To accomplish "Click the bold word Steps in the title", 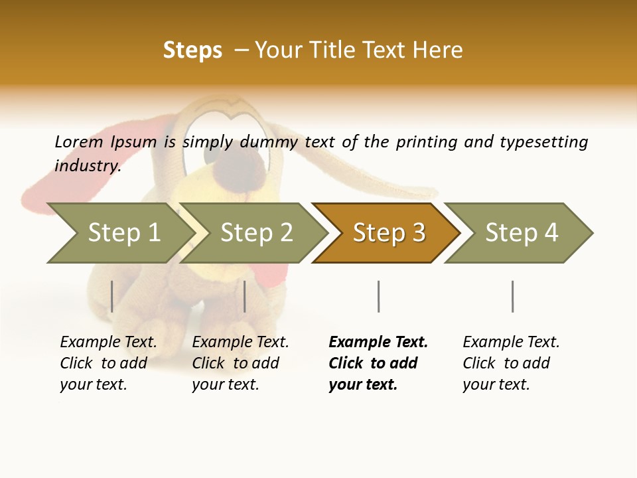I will pyautogui.click(x=192, y=50).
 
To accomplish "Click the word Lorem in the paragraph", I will pyautogui.click(x=78, y=141).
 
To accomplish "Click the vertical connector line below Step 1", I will pyautogui.click(x=112, y=296).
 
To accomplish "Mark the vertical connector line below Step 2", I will pyautogui.click(x=245, y=296).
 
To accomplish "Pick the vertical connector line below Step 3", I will pyautogui.click(x=379, y=296).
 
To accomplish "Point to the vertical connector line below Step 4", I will pyautogui.click(x=512, y=296).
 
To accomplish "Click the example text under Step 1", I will pyautogui.click(x=108, y=363).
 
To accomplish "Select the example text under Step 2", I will pyautogui.click(x=240, y=363).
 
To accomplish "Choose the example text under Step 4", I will pyautogui.click(x=511, y=363).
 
